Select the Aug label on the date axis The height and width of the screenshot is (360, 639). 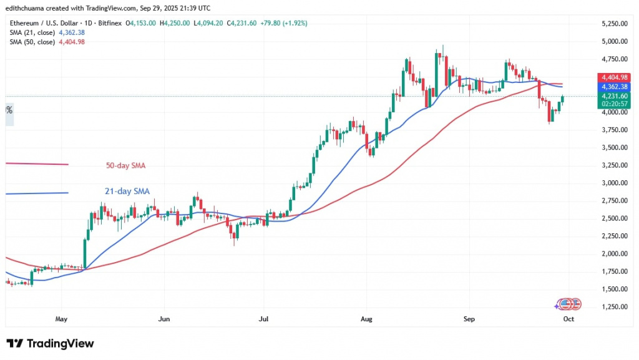click(366, 319)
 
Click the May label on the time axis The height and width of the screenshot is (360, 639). click(61, 319)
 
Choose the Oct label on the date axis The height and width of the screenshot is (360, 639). click(568, 319)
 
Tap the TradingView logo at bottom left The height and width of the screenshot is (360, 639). click(50, 344)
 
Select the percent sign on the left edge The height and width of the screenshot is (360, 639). click(9, 110)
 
